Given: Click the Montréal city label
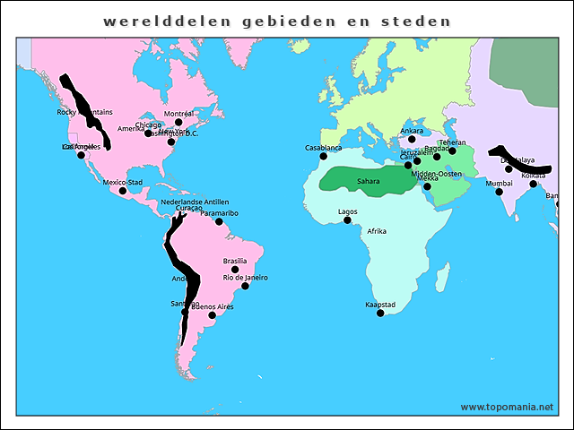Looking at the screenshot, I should [179, 114].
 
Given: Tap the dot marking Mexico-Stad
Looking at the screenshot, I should [123, 191].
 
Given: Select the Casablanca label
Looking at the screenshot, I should [324, 148].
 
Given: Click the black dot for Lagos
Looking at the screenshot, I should [348, 220].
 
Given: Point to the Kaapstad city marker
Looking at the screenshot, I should [380, 314].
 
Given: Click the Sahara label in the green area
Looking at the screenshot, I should [369, 181].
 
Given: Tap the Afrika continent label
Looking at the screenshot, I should [377, 231].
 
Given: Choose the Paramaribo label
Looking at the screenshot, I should [219, 213].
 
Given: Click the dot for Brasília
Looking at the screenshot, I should [235, 270].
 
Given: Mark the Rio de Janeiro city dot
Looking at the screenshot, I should [245, 286].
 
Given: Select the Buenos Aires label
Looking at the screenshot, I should [214, 306].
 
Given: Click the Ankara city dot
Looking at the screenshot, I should [412, 139].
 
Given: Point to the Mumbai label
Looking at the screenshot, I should [499, 184].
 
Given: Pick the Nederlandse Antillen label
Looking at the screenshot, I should [195, 202].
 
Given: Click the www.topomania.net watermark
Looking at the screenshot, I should [507, 408].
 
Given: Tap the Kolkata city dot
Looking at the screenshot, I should [534, 185].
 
